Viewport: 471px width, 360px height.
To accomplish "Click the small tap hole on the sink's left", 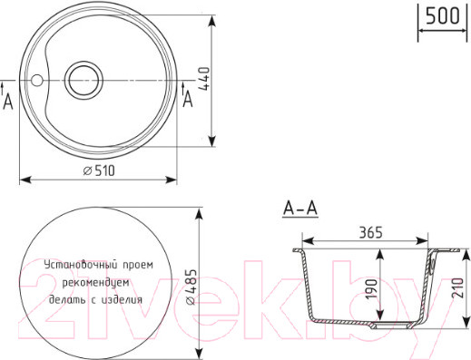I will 36,80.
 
